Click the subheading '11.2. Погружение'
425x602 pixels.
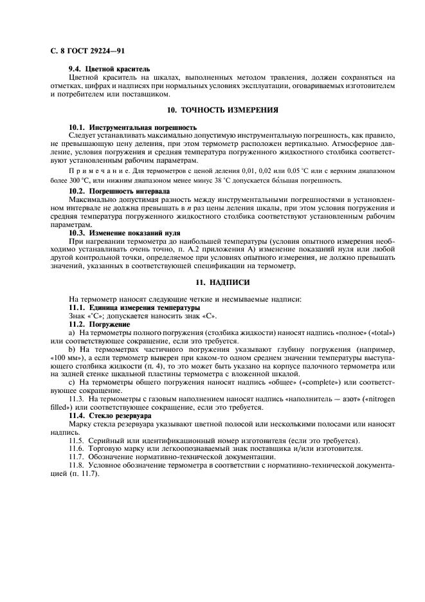99,324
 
